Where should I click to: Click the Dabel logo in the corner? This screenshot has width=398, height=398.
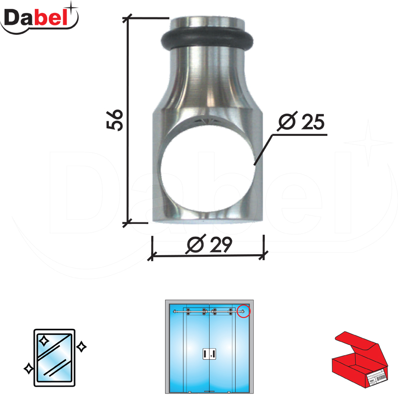[x=39, y=18]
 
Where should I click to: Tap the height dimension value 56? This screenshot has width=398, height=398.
[x=115, y=120]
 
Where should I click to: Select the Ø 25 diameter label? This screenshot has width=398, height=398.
[x=301, y=121]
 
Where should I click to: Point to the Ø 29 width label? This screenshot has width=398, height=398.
[x=209, y=244]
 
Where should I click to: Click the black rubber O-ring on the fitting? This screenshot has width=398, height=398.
[x=207, y=40]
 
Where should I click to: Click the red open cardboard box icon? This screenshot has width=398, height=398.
[x=360, y=360]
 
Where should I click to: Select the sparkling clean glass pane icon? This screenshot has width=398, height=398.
[x=54, y=358]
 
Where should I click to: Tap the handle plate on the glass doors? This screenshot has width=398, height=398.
[x=209, y=354]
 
